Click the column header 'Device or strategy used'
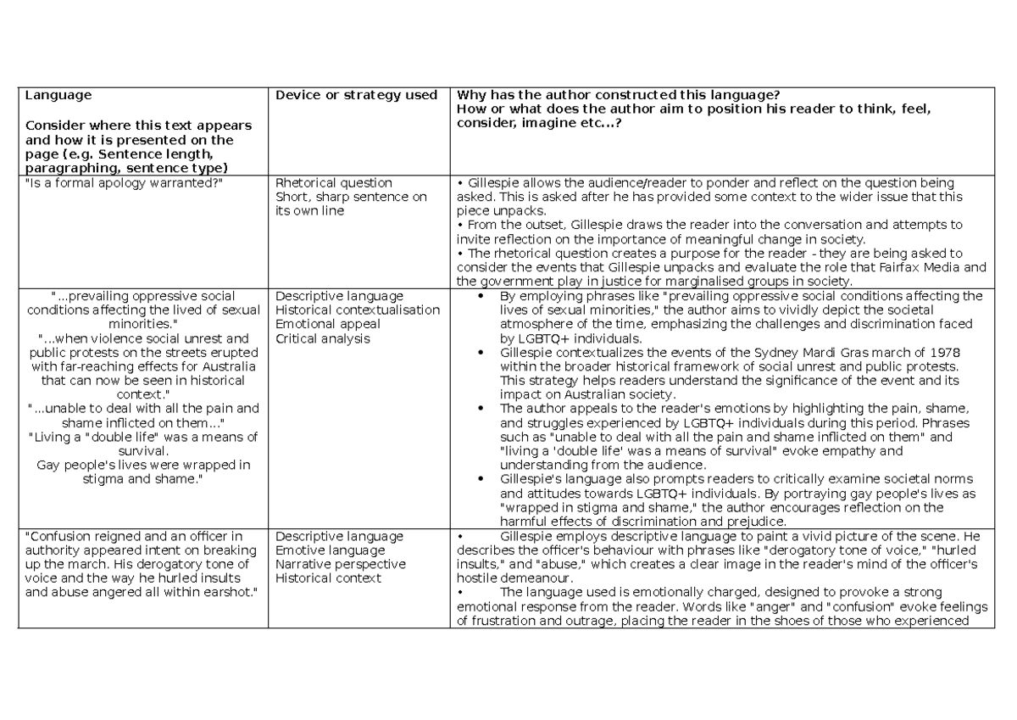click(x=356, y=95)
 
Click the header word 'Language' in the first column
click(x=58, y=95)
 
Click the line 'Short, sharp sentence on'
click(x=351, y=197)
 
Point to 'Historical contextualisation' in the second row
click(x=358, y=310)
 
